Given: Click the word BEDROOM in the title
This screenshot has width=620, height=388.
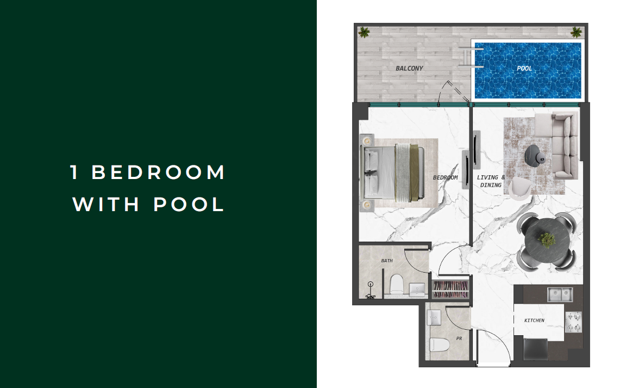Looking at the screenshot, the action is (158, 172).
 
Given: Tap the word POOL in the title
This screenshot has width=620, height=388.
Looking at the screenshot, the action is (189, 204).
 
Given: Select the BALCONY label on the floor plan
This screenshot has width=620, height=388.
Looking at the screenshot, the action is (409, 68).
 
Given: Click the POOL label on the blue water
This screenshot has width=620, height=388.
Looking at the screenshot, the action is (524, 68).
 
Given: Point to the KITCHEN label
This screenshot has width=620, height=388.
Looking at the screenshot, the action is (534, 321).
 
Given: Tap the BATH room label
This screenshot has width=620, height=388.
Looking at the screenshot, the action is (387, 261).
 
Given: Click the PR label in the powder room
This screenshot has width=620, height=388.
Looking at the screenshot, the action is (459, 338).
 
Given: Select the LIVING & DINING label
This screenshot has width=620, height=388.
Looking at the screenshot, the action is (491, 181).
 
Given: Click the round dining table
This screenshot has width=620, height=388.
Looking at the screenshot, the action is (547, 239).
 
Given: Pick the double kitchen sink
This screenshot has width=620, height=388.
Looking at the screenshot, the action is (560, 294).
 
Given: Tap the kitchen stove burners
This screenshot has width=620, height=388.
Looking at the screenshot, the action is (573, 322).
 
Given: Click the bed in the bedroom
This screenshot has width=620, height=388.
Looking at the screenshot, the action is (393, 172).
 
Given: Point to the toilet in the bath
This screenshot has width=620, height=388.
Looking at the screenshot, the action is (396, 285).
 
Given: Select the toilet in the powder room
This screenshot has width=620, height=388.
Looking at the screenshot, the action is (439, 344).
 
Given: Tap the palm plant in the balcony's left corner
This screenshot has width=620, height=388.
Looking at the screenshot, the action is (364, 32).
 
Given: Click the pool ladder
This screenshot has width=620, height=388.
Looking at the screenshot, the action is (471, 58).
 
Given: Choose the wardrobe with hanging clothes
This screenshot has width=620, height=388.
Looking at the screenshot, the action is (450, 289).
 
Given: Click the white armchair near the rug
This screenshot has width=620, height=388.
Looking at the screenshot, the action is (519, 188).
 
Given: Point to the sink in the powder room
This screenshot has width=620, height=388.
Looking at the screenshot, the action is (434, 317).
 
